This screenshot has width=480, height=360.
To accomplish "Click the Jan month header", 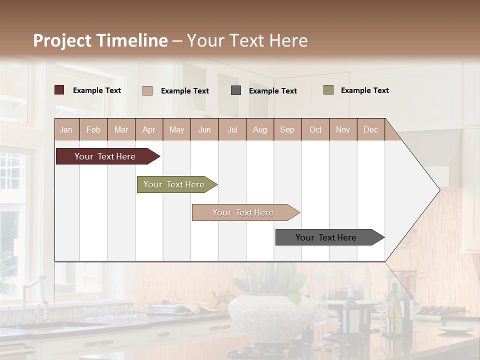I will pyautogui.click(x=66, y=130).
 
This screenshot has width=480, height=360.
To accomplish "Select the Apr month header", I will pyautogui.click(x=148, y=130).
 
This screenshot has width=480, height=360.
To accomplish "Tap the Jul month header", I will pyautogui.click(x=232, y=130).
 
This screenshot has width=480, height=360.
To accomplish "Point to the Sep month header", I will pyautogui.click(x=287, y=130).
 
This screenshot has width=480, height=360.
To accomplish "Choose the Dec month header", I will pyautogui.click(x=370, y=130).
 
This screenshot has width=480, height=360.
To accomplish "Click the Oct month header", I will pyautogui.click(x=315, y=130).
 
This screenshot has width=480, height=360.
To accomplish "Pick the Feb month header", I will pyautogui.click(x=93, y=130).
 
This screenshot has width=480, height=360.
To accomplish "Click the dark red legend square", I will pyautogui.click(x=59, y=90).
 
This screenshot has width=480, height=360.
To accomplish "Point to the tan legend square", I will pyautogui.click(x=147, y=90).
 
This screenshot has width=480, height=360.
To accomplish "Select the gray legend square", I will pyautogui.click(x=236, y=90).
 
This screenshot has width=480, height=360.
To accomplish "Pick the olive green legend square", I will pyautogui.click(x=328, y=90).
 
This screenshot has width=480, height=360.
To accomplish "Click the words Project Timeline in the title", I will pyautogui.click(x=100, y=40).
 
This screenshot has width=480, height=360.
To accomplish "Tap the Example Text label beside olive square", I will pyautogui.click(x=364, y=90).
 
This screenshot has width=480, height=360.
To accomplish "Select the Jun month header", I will pyautogui.click(x=204, y=130).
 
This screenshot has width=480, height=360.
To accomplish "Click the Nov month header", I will pyautogui.click(x=342, y=130).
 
